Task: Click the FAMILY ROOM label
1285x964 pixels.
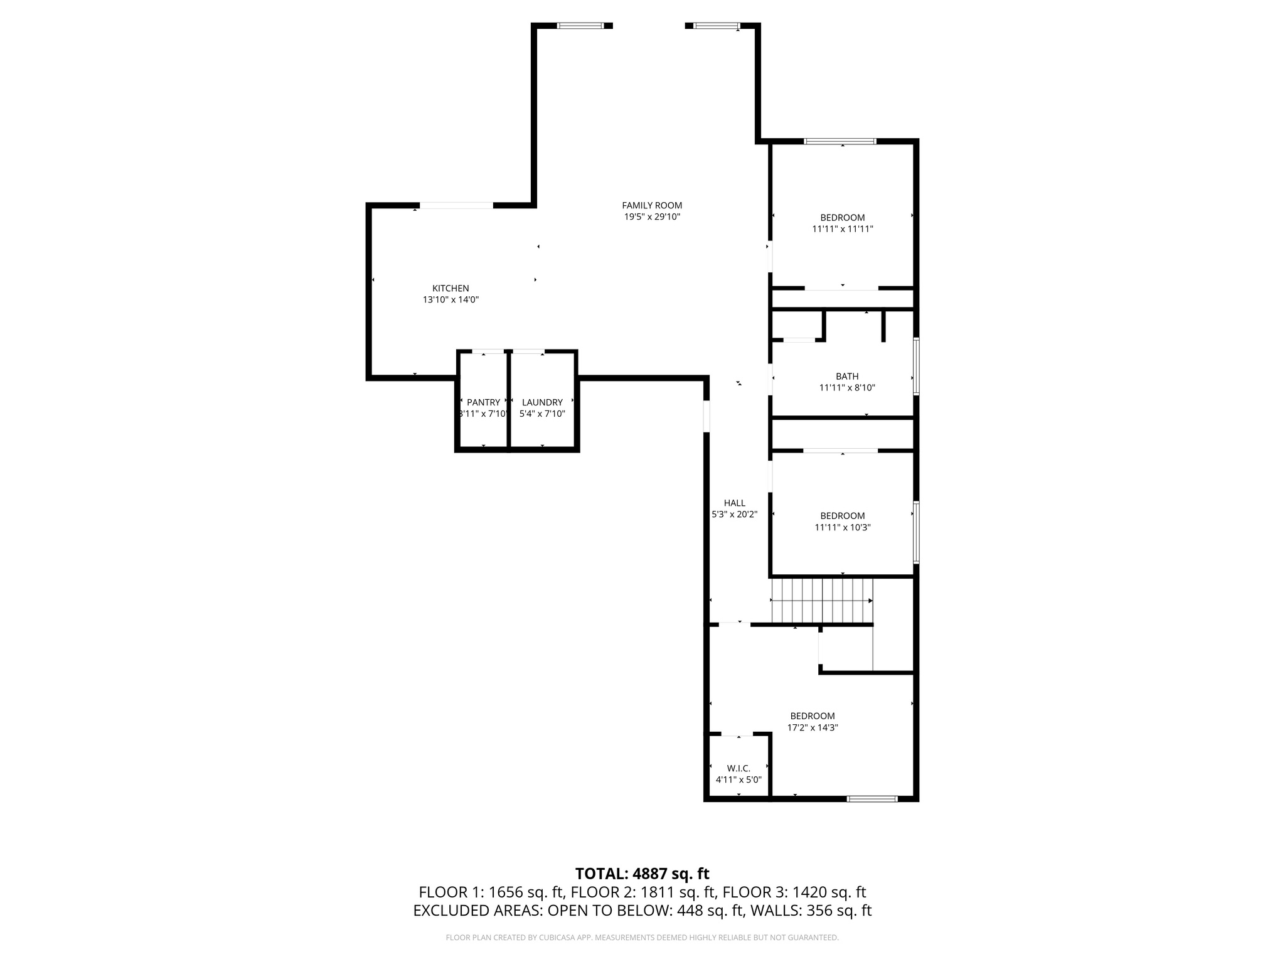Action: tap(652, 205)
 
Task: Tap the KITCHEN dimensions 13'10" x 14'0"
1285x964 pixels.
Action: tap(451, 300)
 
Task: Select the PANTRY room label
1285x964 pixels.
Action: tap(483, 402)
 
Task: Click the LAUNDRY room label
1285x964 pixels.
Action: tap(542, 402)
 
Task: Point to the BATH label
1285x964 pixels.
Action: tap(847, 377)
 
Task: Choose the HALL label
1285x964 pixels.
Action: tap(734, 503)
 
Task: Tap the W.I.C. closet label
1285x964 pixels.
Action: tap(738, 768)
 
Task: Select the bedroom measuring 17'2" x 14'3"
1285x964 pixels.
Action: tap(813, 722)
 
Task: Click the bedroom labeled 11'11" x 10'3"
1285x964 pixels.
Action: tap(842, 522)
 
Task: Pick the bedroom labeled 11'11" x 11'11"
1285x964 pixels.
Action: tap(842, 223)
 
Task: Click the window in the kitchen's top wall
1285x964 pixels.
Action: tap(456, 205)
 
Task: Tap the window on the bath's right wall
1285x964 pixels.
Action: tap(916, 367)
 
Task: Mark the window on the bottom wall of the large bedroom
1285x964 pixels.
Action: tap(872, 799)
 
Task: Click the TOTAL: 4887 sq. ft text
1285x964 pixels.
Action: tap(642, 874)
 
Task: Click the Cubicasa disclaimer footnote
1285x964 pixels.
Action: tap(642, 938)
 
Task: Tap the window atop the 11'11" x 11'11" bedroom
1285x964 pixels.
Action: tap(840, 141)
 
